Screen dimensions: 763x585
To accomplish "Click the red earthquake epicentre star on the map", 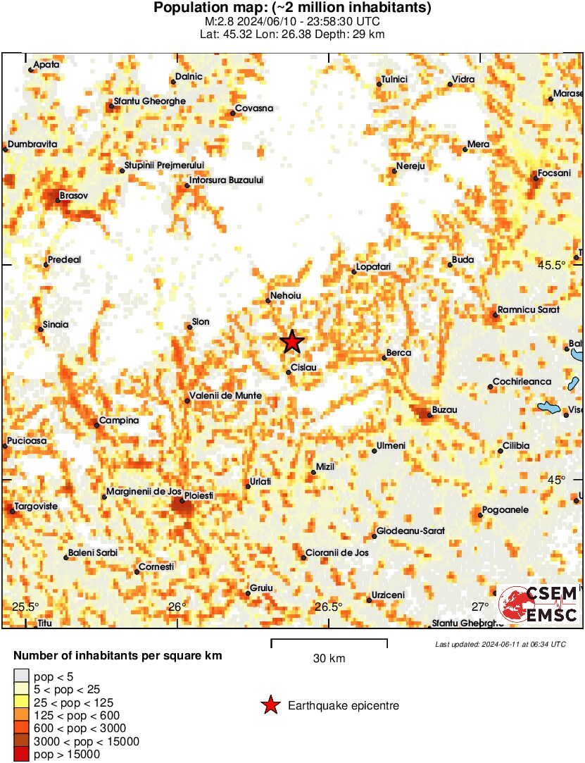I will click(x=292, y=342).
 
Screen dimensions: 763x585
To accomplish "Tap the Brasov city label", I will click(x=74, y=196).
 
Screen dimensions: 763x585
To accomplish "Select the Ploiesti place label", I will click(x=199, y=496).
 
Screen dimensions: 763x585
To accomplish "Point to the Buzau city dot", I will click(x=429, y=416).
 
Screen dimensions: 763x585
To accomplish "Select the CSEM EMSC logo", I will click(x=539, y=604).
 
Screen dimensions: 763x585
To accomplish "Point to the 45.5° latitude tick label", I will click(x=552, y=266).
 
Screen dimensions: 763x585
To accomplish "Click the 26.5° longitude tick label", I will click(x=328, y=607).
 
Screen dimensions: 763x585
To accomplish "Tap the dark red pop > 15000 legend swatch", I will click(x=22, y=755).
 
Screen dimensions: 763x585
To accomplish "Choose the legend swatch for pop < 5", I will click(x=22, y=676).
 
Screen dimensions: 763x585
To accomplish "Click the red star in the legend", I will click(x=270, y=705).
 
